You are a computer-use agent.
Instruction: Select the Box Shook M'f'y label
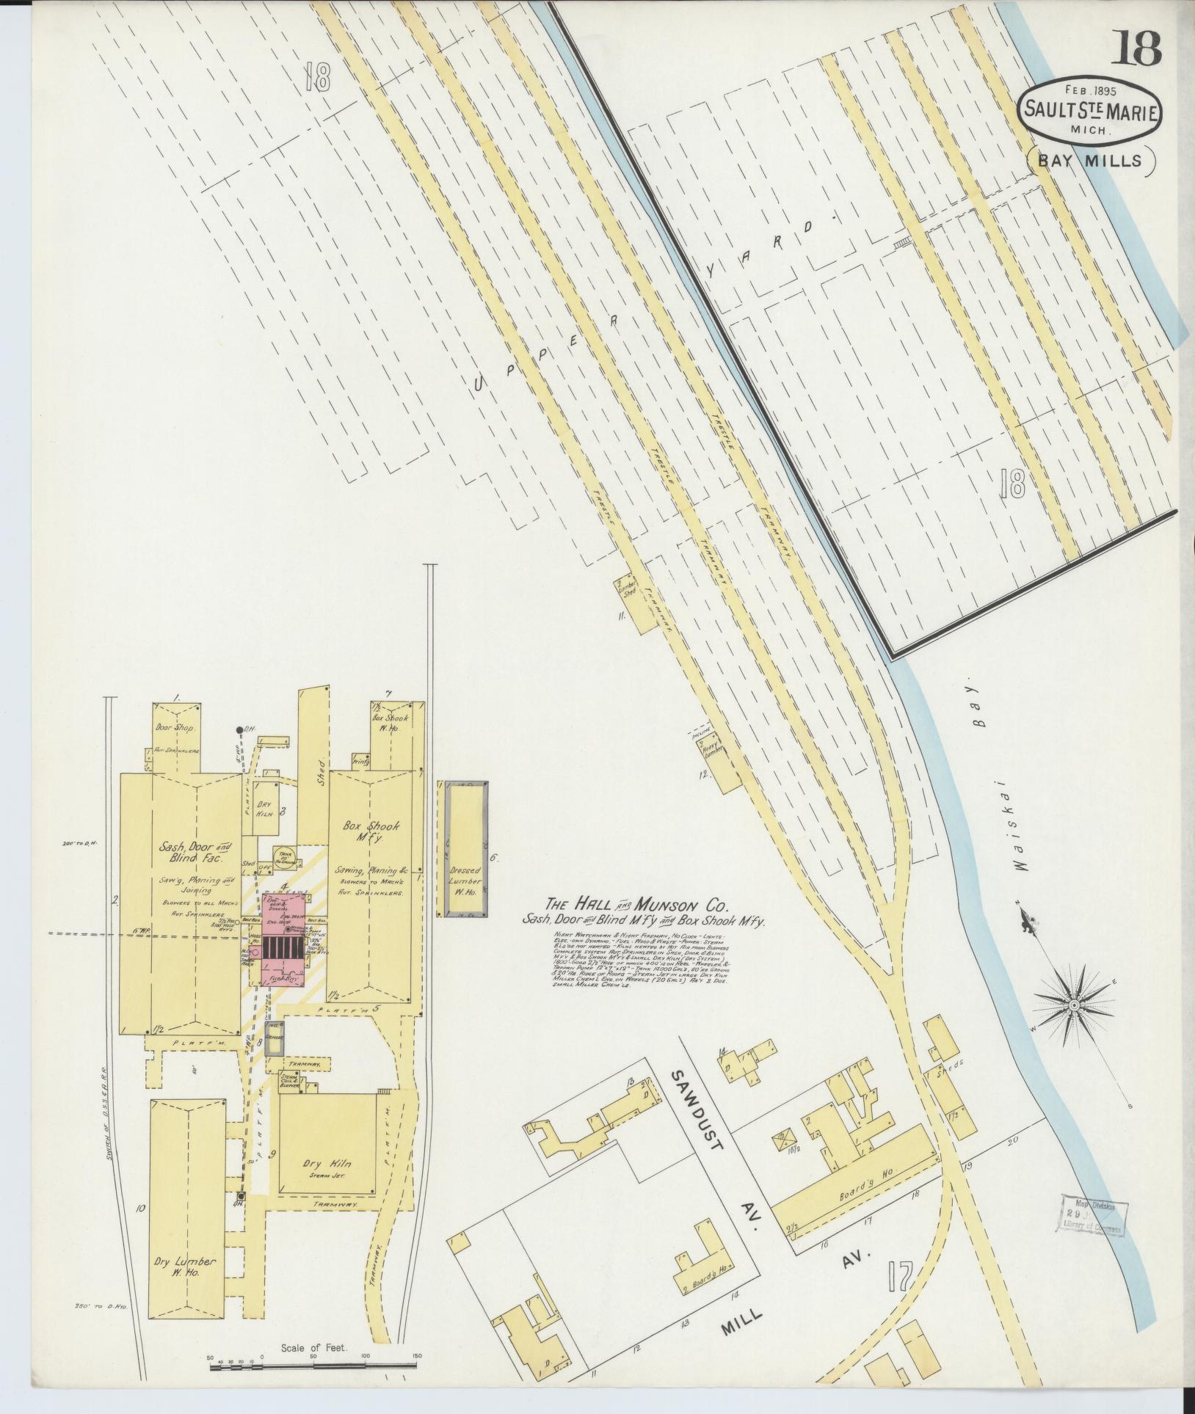click(x=374, y=832)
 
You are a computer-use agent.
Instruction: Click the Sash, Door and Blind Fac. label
click(x=181, y=852)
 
